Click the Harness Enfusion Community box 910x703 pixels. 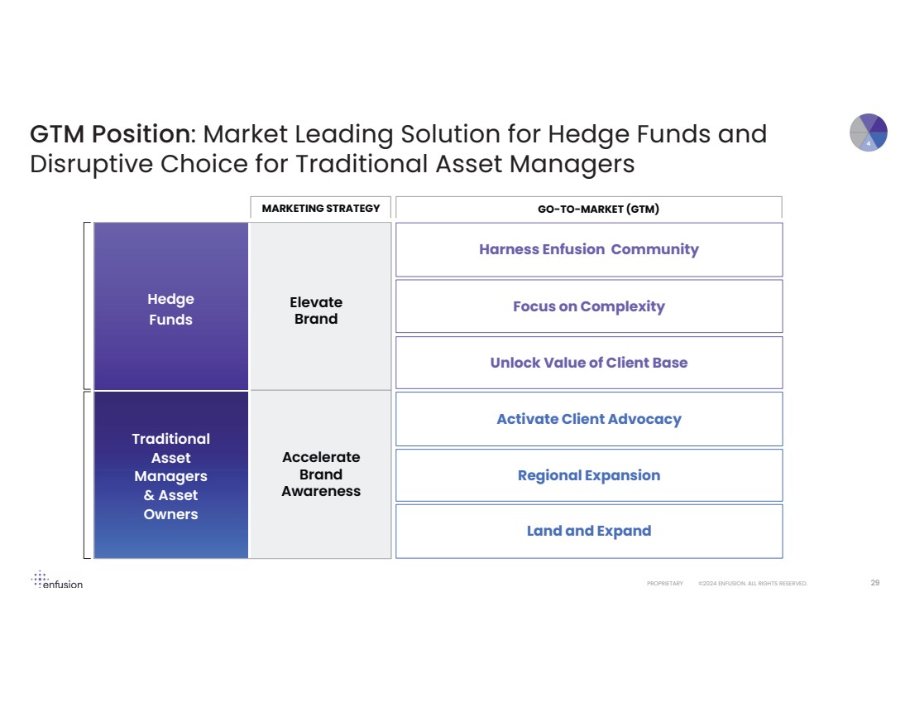click(588, 249)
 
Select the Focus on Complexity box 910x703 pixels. click(588, 306)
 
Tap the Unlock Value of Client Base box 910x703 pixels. click(588, 363)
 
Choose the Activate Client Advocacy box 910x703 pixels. click(588, 419)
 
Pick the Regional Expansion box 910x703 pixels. click(588, 475)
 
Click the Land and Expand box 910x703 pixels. click(588, 531)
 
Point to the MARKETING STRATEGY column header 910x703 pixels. click(320, 208)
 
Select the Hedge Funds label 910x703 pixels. click(170, 309)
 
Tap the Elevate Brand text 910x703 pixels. click(316, 311)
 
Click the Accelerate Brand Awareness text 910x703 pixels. click(321, 474)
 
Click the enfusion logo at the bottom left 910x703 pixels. click(57, 580)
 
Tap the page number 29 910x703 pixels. click(874, 583)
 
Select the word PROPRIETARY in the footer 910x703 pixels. click(665, 584)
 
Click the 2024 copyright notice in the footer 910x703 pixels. click(752, 584)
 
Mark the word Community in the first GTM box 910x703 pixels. click(654, 249)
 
